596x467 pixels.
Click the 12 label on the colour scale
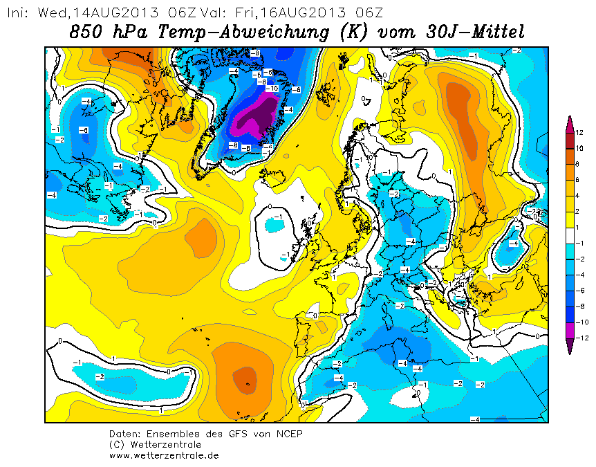(579, 133)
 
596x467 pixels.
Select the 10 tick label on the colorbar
(579, 148)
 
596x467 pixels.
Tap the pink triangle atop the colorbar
(570, 124)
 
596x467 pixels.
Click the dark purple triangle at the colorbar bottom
(570, 346)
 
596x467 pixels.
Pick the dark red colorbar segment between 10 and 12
(570, 140)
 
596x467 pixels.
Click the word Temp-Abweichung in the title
(243, 32)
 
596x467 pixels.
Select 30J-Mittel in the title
(476, 31)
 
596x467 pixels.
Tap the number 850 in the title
(86, 32)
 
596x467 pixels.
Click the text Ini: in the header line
(18, 13)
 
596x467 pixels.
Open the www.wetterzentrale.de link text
(164, 455)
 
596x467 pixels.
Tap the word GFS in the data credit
(239, 434)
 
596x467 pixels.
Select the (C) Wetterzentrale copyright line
(155, 445)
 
